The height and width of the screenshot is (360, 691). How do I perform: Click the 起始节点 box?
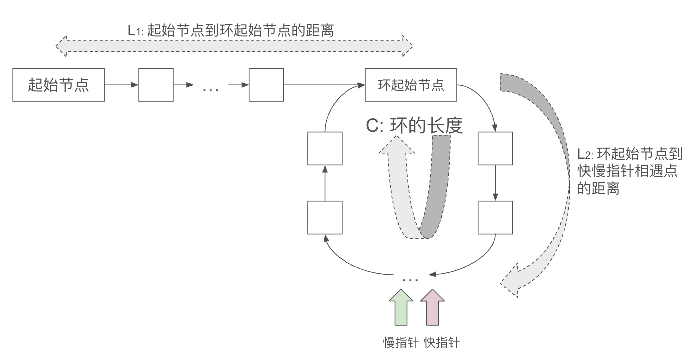pos(58,85)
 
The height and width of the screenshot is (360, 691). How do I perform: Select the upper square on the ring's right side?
pos(495,148)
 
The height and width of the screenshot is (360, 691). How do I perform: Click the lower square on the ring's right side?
pos(495,218)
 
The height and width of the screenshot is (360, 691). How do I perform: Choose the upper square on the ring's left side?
pos(325,148)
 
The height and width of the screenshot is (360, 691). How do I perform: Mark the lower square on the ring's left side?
pos(325,218)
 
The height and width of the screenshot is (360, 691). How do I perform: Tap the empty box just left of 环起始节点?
pos(266,85)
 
